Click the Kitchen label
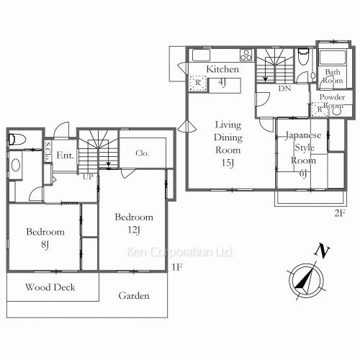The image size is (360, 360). pos(222,69)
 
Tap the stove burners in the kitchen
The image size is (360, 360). pos(246,55)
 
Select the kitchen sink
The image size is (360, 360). pos(202,55)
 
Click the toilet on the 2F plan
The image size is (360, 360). pos(303,57)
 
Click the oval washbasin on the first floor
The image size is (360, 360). pos(16,165)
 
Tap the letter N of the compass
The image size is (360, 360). pos(322,251)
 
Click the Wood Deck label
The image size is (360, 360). pos(50,287)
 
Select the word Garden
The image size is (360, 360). pos(134,296)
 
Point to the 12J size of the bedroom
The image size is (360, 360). pos(134,230)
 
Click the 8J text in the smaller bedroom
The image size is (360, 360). pos(45,245)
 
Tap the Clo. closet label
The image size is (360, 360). pos(142,153)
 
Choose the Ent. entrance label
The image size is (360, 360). pos(65,156)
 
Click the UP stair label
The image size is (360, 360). pos(88,177)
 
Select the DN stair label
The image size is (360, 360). pos(284,89)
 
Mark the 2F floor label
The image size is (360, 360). pos(340,213)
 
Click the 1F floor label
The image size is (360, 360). pos(177,267)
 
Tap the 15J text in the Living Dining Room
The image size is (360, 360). pos(228,163)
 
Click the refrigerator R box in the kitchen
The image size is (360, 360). pos(198,84)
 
